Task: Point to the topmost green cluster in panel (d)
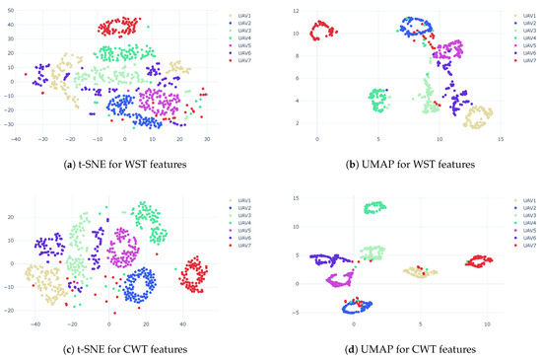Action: [374, 207]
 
